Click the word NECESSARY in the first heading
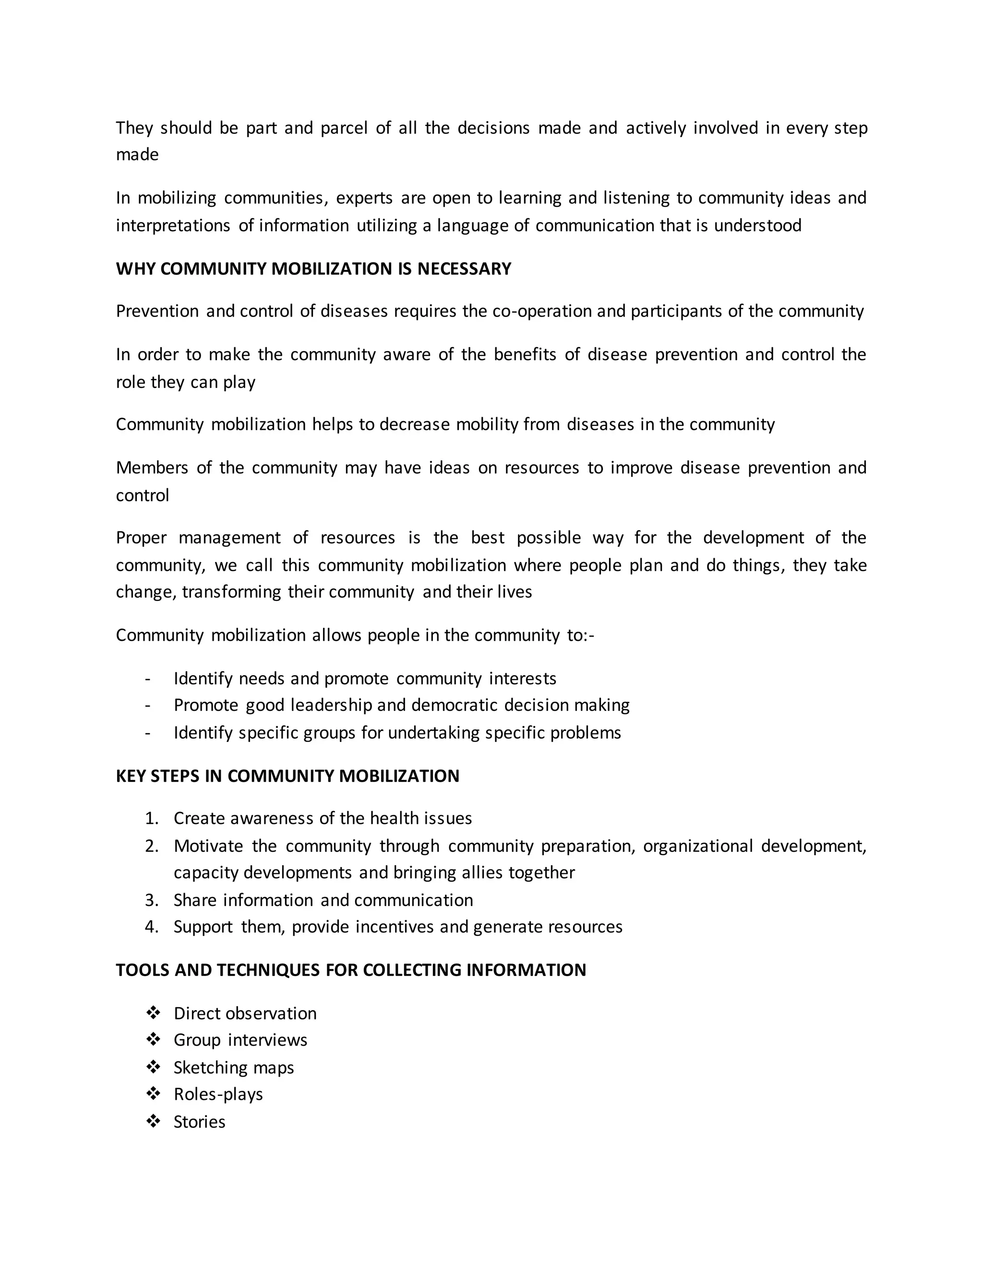[x=464, y=269]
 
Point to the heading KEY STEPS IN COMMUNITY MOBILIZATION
[x=287, y=776]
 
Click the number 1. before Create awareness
[x=151, y=818]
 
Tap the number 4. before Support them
[x=151, y=927]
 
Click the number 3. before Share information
[x=151, y=900]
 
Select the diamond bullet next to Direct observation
[x=153, y=1012]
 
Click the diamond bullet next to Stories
[x=153, y=1121]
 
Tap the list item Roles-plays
[x=218, y=1094]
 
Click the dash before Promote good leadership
[x=148, y=706]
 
